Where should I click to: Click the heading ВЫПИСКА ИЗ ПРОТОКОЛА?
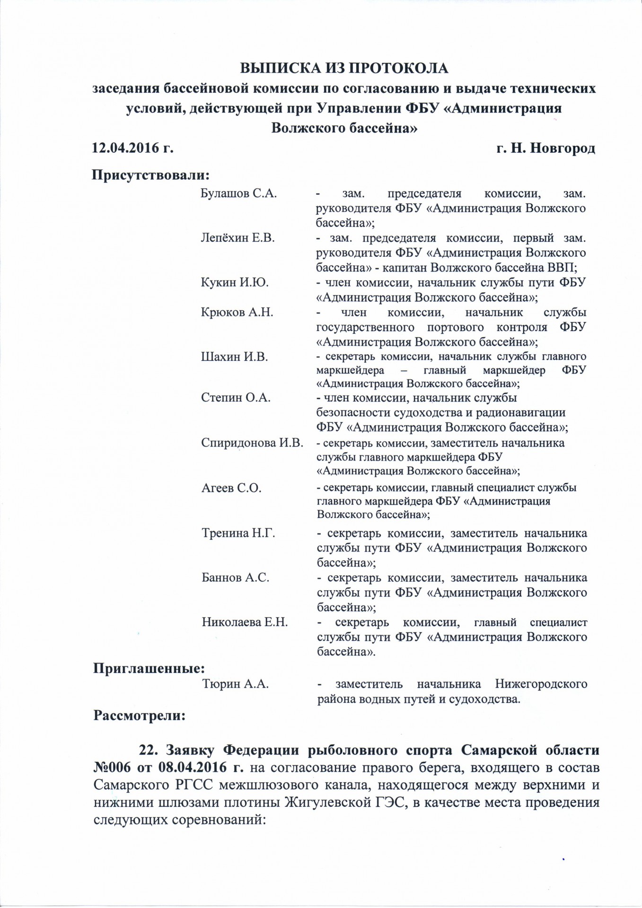tap(344, 68)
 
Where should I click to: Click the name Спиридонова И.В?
tap(252, 443)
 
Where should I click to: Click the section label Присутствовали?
tap(150, 175)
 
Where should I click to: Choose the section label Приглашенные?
tap(149, 669)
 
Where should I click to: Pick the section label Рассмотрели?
tap(139, 716)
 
